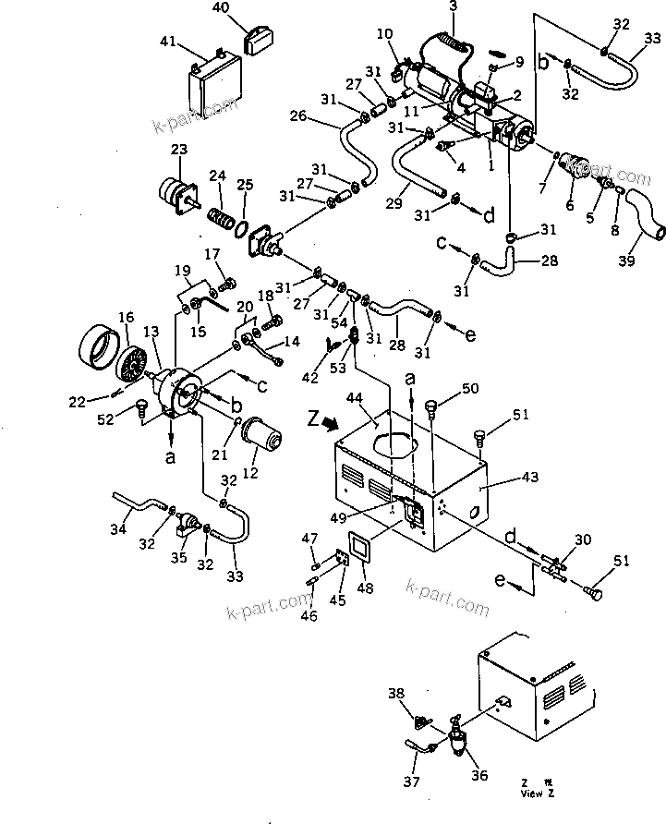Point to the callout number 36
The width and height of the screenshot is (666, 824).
click(478, 776)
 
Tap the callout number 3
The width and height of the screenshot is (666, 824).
click(453, 7)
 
